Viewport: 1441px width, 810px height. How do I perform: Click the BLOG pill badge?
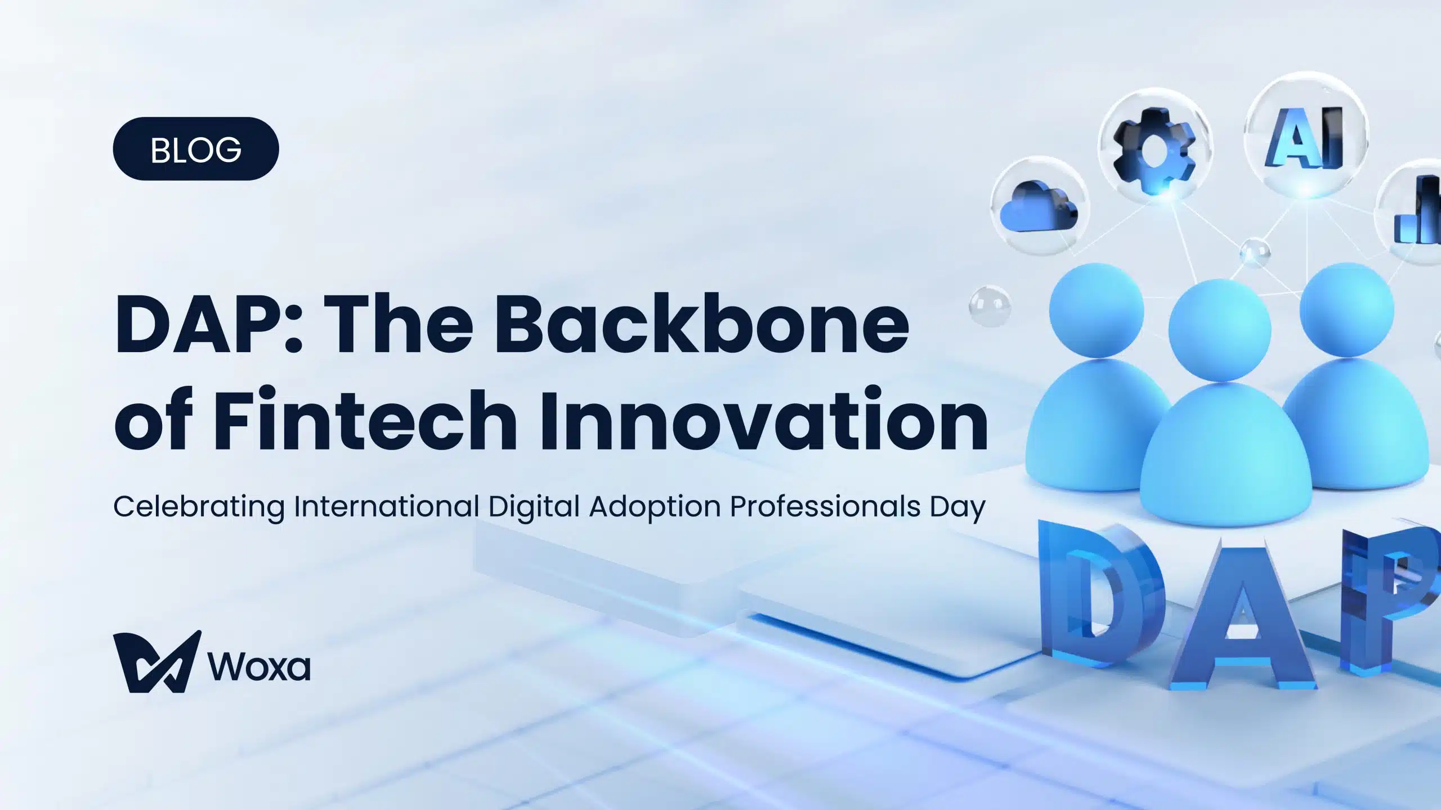(196, 148)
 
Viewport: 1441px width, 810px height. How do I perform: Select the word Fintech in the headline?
(365, 419)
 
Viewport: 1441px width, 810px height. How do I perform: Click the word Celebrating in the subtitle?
(199, 507)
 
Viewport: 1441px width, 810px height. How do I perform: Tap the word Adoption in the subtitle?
(655, 507)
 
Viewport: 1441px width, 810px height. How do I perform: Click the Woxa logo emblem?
(157, 661)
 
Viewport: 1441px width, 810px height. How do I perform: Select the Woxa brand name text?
(259, 666)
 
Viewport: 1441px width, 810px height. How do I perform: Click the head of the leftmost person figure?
(1097, 310)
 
